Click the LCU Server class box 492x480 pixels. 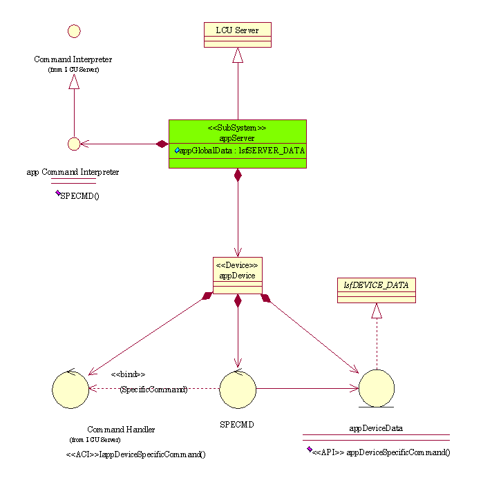click(x=238, y=35)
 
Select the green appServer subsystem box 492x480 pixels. click(x=237, y=144)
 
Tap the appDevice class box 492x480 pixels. click(x=237, y=275)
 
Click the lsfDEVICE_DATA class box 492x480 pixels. click(x=377, y=290)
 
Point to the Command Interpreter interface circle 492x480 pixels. click(x=74, y=31)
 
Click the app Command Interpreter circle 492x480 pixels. click(x=74, y=144)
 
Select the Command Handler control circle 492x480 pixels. click(x=70, y=390)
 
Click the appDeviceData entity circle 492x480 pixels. click(x=377, y=388)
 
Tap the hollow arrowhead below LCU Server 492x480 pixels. click(x=238, y=55)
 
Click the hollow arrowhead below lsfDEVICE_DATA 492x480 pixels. click(x=377, y=311)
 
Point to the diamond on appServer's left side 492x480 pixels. click(x=162, y=144)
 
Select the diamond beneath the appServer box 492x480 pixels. click(x=238, y=175)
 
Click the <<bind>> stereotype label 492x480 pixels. click(x=128, y=374)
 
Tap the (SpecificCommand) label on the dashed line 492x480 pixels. click(x=153, y=390)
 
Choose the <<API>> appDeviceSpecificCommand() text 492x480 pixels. click(x=381, y=452)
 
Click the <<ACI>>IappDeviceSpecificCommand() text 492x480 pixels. click(x=135, y=454)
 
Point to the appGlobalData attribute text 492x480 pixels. click(x=241, y=150)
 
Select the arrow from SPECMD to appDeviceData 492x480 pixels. click(x=307, y=388)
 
